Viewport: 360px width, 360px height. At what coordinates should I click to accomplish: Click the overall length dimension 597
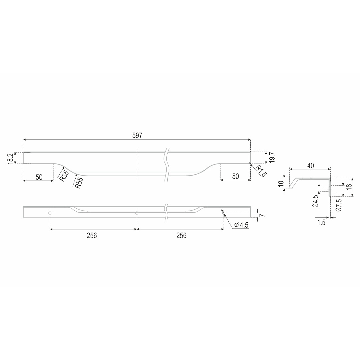click(x=137, y=135)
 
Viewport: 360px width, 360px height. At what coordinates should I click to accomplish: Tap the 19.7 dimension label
click(x=272, y=157)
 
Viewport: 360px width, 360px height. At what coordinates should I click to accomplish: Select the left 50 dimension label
click(x=39, y=177)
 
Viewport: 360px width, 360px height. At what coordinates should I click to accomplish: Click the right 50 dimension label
click(x=236, y=176)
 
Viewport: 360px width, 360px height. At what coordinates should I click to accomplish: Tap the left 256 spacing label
click(x=92, y=236)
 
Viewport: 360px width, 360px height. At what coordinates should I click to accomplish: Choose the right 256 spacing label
click(x=181, y=236)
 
